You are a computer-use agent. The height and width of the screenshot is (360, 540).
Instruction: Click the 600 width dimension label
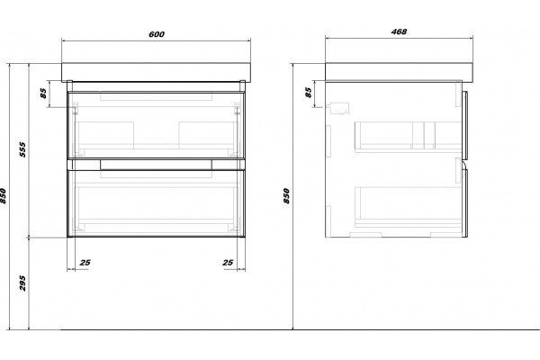coord(157,34)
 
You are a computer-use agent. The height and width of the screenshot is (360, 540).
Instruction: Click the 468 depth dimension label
coord(399,31)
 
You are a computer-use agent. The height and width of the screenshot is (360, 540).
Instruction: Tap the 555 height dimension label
coord(22,149)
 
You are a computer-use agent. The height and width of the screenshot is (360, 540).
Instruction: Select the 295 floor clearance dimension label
coord(22,283)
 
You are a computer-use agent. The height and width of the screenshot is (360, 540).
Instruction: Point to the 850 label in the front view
coord(3,195)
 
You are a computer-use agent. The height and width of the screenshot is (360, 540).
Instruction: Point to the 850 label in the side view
coord(286,195)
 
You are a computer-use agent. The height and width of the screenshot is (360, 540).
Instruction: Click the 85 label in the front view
coord(43,93)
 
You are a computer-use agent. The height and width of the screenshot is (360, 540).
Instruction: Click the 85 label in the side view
coord(309,93)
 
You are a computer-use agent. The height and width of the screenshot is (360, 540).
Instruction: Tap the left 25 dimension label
coord(85,263)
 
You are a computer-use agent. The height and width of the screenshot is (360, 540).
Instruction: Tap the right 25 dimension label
coord(228,263)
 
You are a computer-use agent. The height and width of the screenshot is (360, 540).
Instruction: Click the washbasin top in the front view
coord(156,72)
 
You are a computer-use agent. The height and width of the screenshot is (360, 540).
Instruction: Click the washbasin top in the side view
coord(399,72)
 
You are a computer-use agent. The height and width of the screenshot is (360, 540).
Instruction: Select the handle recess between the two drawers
coord(156,165)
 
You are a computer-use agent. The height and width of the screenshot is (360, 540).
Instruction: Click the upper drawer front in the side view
coord(464,125)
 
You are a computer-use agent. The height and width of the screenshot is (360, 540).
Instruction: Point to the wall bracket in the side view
coord(339,108)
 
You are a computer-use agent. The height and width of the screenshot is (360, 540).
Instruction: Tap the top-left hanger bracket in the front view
coord(75,109)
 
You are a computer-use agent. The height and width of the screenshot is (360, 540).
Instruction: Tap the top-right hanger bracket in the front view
coord(238,109)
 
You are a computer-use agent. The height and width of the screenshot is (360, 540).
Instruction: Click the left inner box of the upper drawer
coord(105,135)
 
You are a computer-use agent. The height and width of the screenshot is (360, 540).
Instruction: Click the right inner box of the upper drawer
coord(207,135)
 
